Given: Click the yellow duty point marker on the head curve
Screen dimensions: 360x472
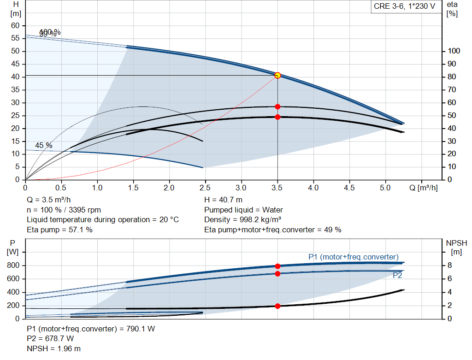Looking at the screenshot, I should point(277,75).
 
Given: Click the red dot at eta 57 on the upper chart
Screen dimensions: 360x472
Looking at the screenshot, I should point(277,106).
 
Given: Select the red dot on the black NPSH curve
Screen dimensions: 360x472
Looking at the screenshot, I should point(277,306).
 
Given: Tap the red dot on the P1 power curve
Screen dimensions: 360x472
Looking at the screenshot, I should point(277,266).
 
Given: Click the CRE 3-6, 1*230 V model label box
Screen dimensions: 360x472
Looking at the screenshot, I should point(404,7).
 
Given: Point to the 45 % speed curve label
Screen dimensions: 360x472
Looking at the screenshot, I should point(44,146).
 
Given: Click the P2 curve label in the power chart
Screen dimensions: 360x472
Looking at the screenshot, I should point(397,276).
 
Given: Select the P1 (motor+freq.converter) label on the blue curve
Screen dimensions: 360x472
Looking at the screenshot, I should point(354,257).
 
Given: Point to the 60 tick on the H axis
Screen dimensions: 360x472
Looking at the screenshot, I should point(16,25).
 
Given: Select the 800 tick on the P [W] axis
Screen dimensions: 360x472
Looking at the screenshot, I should point(13,266).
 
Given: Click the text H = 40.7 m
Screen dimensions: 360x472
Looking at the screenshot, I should point(223,200).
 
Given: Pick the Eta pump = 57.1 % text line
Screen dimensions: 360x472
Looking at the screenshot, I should point(59,230).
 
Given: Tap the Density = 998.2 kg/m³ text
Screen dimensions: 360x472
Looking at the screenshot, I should point(243,219).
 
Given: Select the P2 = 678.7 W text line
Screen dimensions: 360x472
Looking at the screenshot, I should point(50,339).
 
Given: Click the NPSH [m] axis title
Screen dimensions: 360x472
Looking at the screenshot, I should point(456,247).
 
